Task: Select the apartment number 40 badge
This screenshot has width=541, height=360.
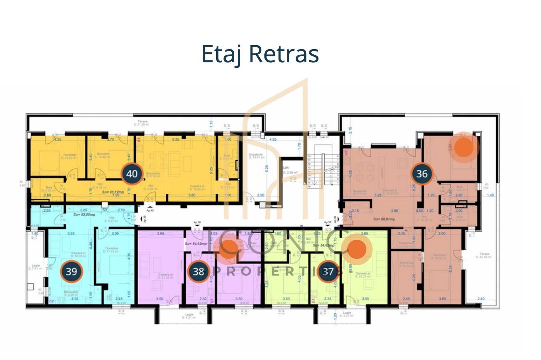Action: point(132,174)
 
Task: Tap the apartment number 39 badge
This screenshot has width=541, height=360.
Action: point(71,272)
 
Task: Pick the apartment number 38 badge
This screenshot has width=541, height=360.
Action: point(198,272)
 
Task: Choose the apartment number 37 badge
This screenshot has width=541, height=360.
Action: point(328,272)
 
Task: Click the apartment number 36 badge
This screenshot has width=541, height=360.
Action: point(422,174)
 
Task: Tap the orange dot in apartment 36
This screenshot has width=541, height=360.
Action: point(464,147)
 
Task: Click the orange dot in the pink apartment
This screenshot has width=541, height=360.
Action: point(229,249)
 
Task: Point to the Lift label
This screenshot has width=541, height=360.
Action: point(286,168)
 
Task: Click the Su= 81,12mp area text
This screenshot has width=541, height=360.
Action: point(111,192)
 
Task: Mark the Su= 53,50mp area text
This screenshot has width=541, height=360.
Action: point(84,215)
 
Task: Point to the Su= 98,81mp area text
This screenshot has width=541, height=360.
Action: point(384,219)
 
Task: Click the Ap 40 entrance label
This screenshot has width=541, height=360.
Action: point(150,210)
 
